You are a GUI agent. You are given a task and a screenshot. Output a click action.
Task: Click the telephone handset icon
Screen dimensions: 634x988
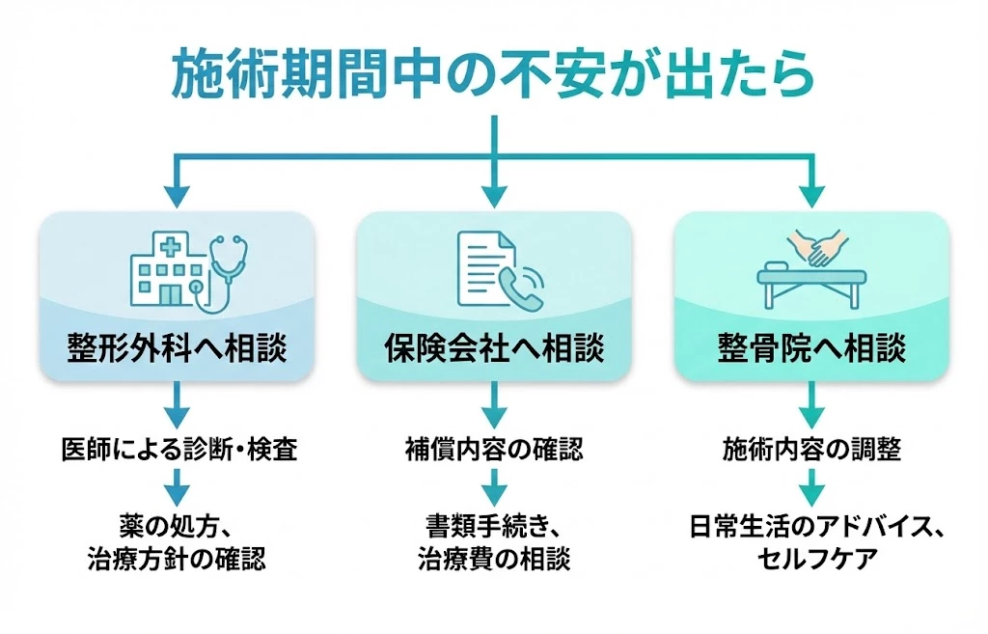[522, 286]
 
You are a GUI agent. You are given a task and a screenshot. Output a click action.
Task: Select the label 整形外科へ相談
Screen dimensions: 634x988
[177, 347]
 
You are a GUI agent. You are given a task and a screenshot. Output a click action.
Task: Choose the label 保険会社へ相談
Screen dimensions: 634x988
[494, 347]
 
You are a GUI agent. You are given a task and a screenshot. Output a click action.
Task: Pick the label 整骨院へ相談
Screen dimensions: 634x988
[811, 347]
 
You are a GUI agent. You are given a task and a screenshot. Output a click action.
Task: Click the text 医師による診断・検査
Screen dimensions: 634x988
[178, 450]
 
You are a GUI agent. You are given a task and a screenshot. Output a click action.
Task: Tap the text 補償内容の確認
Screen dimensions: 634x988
[494, 450]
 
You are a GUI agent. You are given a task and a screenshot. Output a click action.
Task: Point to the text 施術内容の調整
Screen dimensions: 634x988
[811, 450]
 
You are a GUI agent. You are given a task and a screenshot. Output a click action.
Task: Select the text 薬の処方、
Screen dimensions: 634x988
[178, 528]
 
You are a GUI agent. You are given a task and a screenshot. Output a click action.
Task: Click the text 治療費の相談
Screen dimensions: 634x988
[494, 559]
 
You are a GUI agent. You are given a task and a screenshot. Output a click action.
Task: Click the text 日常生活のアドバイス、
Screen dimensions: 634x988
[811, 528]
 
